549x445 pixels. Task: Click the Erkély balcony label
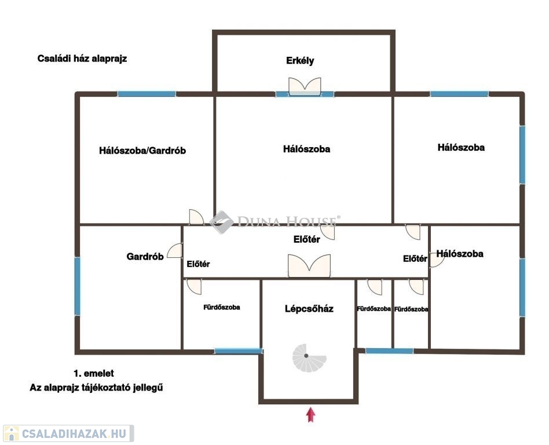point(300,61)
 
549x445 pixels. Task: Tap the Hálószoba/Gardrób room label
point(142,151)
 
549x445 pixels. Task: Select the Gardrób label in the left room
point(145,257)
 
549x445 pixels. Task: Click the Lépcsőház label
point(309,309)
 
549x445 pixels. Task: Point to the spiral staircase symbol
point(309,358)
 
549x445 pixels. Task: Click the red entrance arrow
point(310,414)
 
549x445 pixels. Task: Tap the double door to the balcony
point(305,86)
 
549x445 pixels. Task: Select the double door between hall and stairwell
point(309,266)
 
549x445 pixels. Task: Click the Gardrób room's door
point(175,251)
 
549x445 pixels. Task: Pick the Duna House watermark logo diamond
point(222,222)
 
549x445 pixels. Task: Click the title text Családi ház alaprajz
point(82,59)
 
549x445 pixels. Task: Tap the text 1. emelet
point(93,374)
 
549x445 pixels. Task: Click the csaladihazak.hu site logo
point(68,433)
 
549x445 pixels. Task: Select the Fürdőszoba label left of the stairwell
point(222,307)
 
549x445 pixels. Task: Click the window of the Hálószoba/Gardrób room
point(147,94)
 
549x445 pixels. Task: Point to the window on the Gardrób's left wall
point(78,286)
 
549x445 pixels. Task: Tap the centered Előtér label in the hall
point(307,239)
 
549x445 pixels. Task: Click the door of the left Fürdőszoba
point(194,287)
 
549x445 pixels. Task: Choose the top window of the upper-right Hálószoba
point(459,94)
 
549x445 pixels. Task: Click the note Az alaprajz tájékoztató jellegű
point(96,388)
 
